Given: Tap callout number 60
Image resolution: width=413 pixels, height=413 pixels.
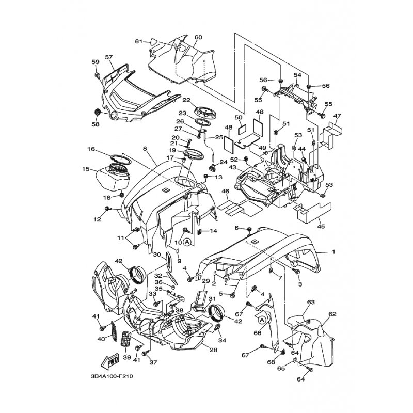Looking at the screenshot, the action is click(x=198, y=37).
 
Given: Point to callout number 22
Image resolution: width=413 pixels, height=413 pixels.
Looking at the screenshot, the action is click(x=186, y=100).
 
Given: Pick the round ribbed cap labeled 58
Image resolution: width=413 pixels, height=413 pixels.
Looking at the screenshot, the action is click(x=98, y=112).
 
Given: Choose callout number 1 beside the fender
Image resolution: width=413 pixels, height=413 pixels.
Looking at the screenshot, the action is click(x=333, y=252).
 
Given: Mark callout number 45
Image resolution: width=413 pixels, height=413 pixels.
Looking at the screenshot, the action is click(x=321, y=226).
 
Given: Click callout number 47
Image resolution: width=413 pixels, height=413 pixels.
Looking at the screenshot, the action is click(x=338, y=115).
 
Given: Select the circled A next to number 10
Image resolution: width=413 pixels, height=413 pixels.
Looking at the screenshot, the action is click(x=187, y=242).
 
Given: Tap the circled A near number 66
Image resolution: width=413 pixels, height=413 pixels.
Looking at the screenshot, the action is click(x=262, y=320).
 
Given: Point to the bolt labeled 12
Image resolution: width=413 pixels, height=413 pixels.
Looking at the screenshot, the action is click(x=107, y=209).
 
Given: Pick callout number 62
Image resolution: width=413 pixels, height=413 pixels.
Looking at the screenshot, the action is click(x=332, y=314).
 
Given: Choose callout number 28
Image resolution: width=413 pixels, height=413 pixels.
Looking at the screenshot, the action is click(x=213, y=350).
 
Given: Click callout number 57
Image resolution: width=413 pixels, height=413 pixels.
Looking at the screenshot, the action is click(x=109, y=57).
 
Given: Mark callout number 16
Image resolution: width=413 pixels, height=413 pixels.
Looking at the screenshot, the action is click(x=91, y=149).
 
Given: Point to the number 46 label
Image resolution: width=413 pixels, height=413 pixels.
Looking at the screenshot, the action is click(x=225, y=191).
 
